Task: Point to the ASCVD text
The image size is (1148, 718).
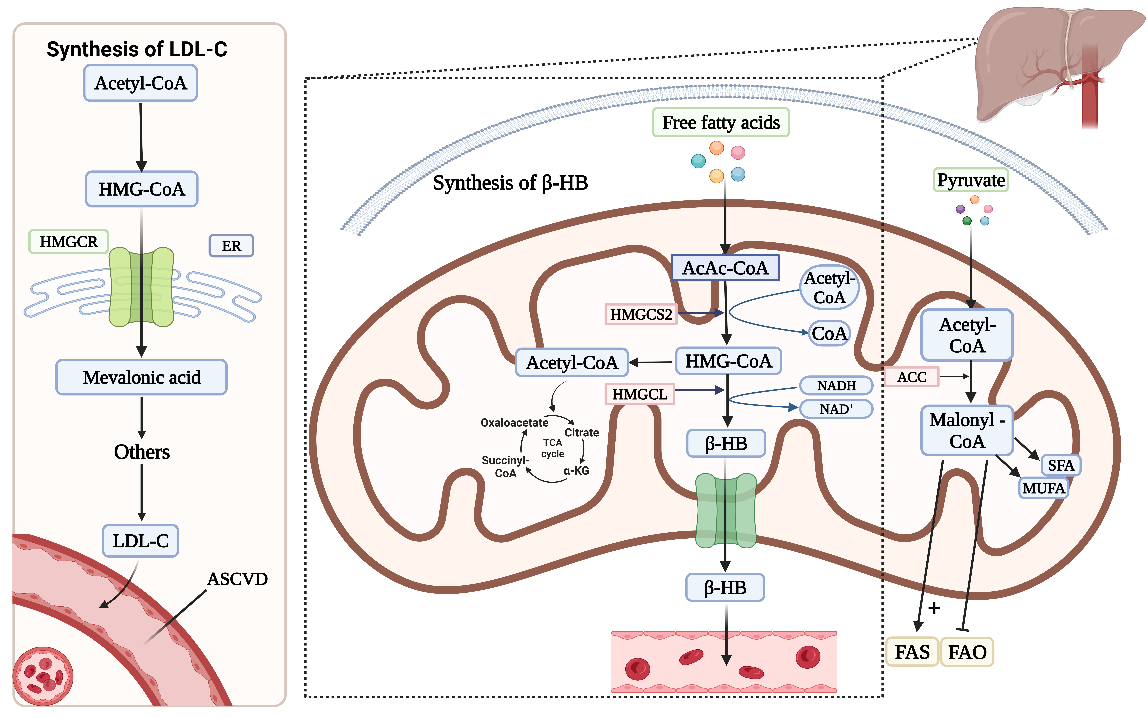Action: (237, 579)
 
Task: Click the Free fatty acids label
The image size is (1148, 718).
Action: (721, 122)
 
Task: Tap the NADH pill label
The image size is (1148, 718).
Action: (836, 386)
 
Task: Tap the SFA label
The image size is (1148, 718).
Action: (1061, 465)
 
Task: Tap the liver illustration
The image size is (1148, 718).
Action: (1044, 62)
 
